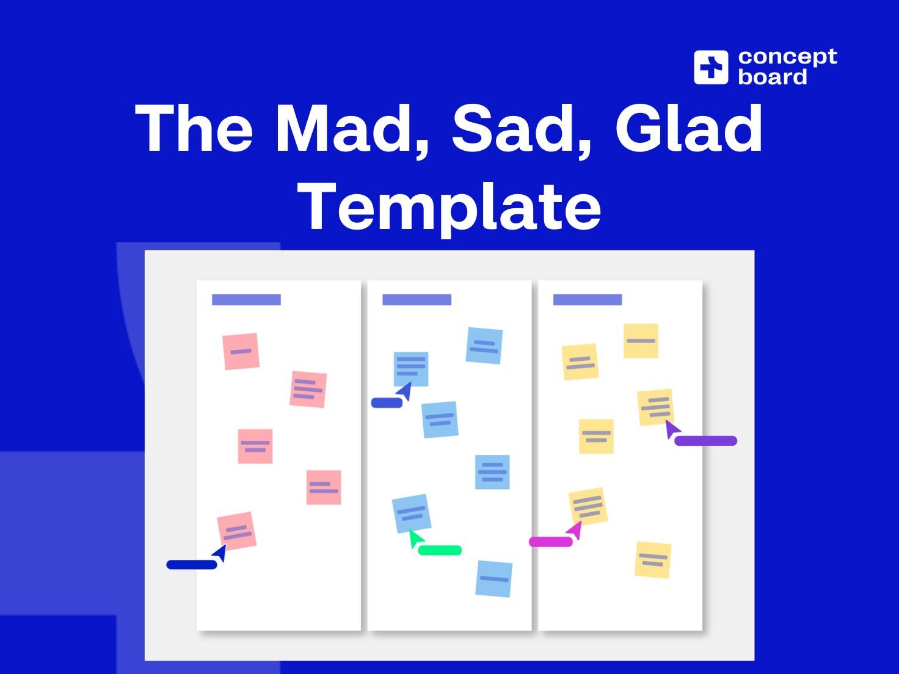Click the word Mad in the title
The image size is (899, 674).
pyautogui.click(x=351, y=129)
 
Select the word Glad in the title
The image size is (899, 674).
pyautogui.click(x=688, y=129)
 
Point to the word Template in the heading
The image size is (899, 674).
pyautogui.click(x=449, y=208)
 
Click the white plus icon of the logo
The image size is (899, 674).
pyautogui.click(x=711, y=67)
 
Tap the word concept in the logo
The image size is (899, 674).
pyautogui.click(x=787, y=57)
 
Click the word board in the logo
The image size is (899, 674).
pyautogui.click(x=773, y=77)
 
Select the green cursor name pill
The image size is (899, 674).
pyautogui.click(x=440, y=550)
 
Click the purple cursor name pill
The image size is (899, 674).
pyautogui.click(x=706, y=440)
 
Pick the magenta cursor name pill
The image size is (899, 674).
pyautogui.click(x=550, y=542)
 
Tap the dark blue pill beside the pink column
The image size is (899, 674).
pyautogui.click(x=192, y=565)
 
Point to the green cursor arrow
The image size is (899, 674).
pyautogui.click(x=415, y=538)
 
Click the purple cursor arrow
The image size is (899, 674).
pyautogui.click(x=672, y=429)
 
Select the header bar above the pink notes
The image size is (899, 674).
pyautogui.click(x=246, y=300)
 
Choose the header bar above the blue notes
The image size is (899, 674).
pyautogui.click(x=417, y=300)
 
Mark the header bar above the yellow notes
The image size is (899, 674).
pyautogui.click(x=587, y=300)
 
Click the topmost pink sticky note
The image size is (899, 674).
pyautogui.click(x=241, y=351)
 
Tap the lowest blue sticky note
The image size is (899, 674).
pyautogui.click(x=493, y=578)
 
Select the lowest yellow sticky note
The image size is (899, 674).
pyautogui.click(x=652, y=559)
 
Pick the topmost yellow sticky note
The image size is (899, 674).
pyautogui.click(x=641, y=341)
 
